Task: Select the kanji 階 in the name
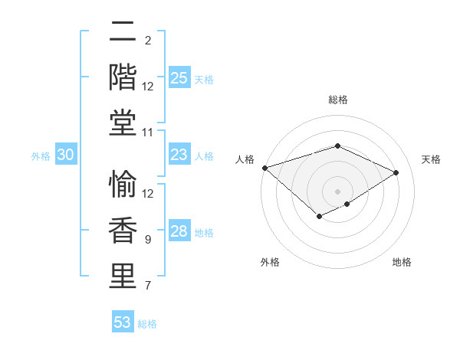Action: [x=123, y=77]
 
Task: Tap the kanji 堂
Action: [x=123, y=122]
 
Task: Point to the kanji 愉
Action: [x=123, y=186]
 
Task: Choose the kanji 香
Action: [x=123, y=231]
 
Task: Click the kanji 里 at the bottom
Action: [x=123, y=276]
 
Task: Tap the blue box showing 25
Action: [x=179, y=77]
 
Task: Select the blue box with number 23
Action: [x=179, y=155]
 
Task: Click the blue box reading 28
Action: [x=179, y=231]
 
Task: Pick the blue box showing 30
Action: [x=66, y=155]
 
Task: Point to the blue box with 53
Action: [x=123, y=322]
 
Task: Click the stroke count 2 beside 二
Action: [x=148, y=41]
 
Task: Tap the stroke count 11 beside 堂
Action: [x=148, y=133]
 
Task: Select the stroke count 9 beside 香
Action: [x=148, y=240]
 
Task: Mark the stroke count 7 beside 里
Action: [x=148, y=286]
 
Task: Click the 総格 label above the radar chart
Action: [x=337, y=100]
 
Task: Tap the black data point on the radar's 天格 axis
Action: [x=396, y=172]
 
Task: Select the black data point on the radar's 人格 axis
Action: [x=264, y=167]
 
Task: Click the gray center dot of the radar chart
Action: [x=337, y=191]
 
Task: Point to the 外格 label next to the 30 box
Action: [x=41, y=155]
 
